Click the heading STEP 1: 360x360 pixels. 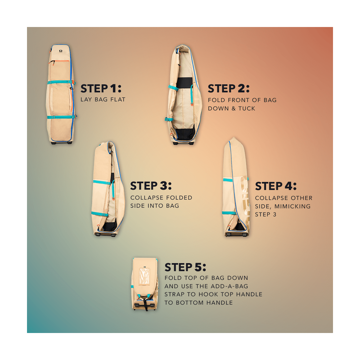click(x=101, y=89)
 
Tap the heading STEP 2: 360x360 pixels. click(x=229, y=89)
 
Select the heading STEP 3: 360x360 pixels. click(x=151, y=186)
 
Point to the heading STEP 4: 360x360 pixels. click(x=276, y=186)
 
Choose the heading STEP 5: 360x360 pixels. click(x=185, y=267)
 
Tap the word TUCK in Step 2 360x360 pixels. click(x=247, y=108)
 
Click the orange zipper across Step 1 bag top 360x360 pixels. click(x=60, y=61)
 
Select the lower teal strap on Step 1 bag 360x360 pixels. click(x=62, y=117)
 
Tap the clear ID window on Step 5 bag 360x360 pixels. click(x=144, y=276)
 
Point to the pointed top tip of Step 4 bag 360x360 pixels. click(x=234, y=137)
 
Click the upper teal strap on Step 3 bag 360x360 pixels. click(x=102, y=183)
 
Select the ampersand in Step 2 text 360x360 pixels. click(x=234, y=108)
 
